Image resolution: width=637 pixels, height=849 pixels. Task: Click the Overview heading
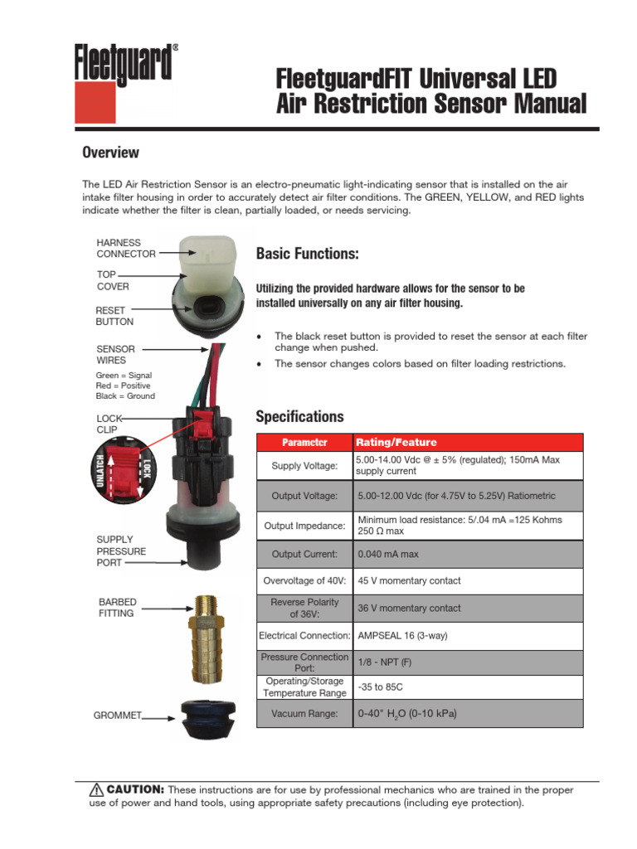[110, 153]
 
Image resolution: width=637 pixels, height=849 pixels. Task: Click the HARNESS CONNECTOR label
[125, 248]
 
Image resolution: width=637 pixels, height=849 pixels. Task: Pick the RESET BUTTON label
[114, 316]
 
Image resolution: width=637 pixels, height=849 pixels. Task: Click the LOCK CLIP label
[109, 424]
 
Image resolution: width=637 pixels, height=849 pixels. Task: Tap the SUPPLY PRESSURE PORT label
[121, 551]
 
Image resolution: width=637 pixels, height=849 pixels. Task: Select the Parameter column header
[304, 443]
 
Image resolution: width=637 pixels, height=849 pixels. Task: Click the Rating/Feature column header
[396, 443]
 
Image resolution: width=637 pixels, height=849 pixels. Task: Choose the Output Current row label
[304, 554]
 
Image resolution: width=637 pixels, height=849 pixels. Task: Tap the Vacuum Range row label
[304, 714]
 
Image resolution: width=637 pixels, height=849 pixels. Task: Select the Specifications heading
[299, 416]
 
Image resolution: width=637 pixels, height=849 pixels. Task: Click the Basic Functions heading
[307, 253]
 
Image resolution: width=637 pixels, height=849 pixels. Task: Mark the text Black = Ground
[125, 396]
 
